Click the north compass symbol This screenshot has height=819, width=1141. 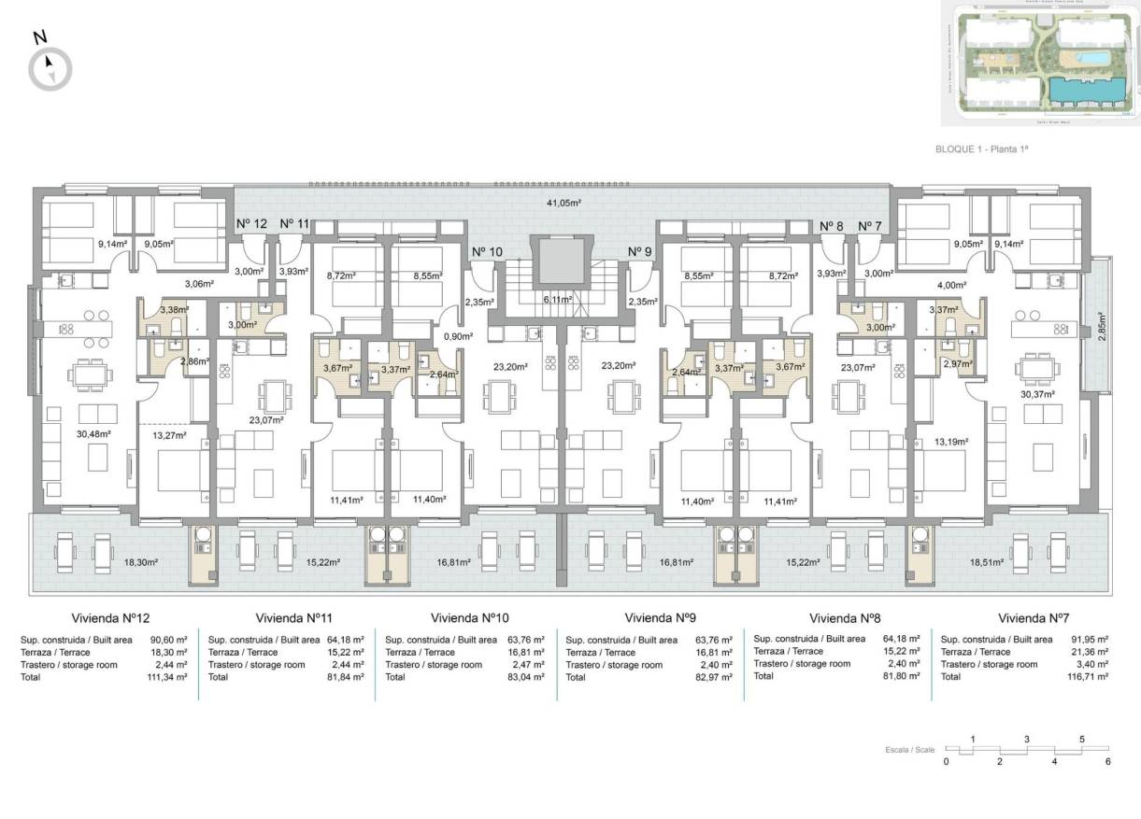coord(50,67)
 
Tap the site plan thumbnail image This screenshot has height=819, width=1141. coord(1039,64)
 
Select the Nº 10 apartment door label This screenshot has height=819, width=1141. coord(487,252)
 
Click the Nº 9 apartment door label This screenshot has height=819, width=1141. coord(640,252)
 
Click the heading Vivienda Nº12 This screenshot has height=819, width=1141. coord(110,618)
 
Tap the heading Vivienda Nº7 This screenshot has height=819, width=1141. coord(1034,618)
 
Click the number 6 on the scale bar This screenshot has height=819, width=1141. coord(1108,762)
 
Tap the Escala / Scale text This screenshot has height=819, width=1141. coord(909,750)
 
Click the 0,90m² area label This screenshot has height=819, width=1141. coord(457,336)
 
